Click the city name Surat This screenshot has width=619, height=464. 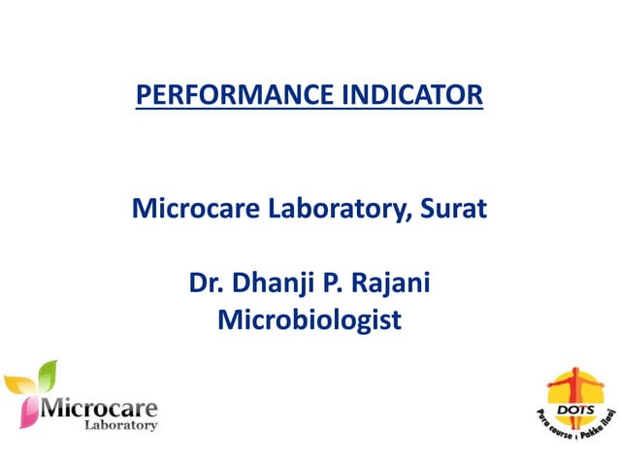click(450, 208)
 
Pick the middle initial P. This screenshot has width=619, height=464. click(333, 284)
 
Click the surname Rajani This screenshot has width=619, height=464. click(392, 284)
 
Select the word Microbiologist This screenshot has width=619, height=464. click(309, 320)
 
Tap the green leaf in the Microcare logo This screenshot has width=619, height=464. click(46, 374)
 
